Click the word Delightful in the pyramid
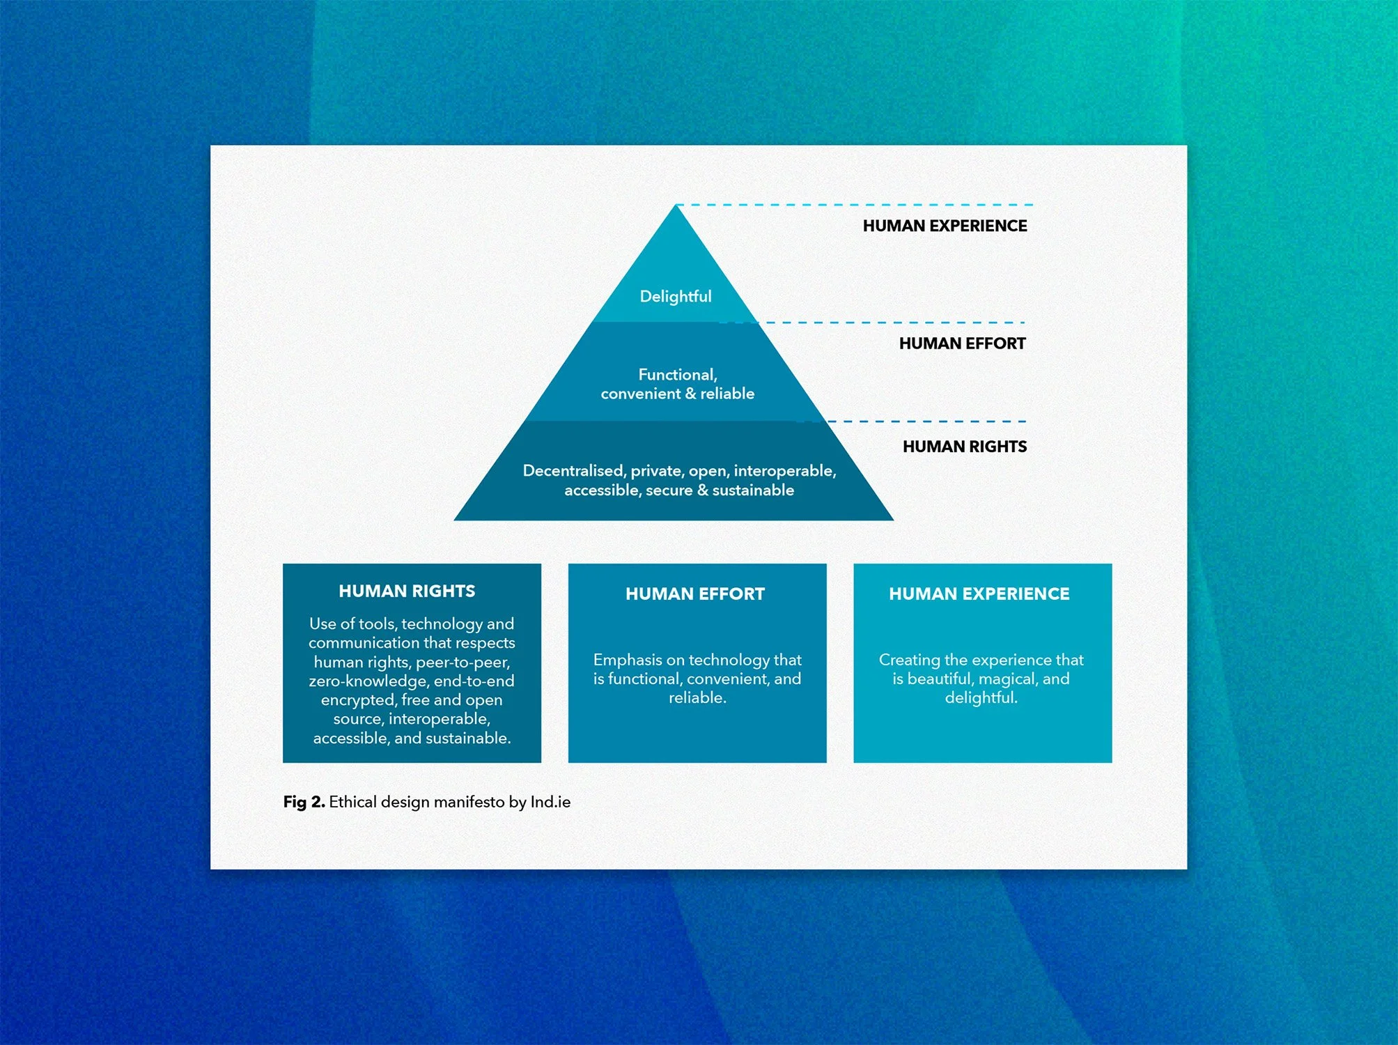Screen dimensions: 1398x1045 676,297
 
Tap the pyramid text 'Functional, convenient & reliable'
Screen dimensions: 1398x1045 677,384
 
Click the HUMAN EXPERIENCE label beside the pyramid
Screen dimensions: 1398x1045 945,226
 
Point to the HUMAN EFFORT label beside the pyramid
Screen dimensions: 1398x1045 962,343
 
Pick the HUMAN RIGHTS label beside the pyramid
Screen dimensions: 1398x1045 965,447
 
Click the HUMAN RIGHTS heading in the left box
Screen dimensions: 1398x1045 407,591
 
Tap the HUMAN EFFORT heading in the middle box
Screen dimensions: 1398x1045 695,594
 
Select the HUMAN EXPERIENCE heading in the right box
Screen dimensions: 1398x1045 979,594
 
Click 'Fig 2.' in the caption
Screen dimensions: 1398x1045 304,802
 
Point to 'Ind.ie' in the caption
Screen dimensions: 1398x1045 550,802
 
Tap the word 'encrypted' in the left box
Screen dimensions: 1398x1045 358,700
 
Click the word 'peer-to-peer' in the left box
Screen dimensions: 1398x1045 463,663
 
